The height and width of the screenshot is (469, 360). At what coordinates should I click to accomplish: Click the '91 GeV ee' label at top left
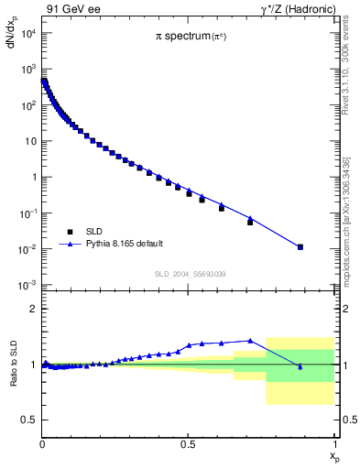pyautogui.click(x=69, y=10)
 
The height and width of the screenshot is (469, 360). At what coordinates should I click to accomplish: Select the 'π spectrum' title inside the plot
pyautogui.click(x=187, y=37)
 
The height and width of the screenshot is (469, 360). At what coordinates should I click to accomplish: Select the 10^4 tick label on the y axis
pyautogui.click(x=27, y=33)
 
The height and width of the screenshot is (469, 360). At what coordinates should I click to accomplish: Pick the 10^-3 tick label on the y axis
pyautogui.click(x=27, y=285)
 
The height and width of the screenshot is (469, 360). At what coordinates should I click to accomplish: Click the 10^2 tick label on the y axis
pyautogui.click(x=27, y=105)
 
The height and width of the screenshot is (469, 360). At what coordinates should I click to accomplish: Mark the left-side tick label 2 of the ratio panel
pyautogui.click(x=34, y=310)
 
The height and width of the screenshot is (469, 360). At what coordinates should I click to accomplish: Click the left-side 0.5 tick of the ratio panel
pyautogui.click(x=30, y=420)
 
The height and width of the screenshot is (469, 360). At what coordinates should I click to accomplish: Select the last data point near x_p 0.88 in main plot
pyautogui.click(x=300, y=247)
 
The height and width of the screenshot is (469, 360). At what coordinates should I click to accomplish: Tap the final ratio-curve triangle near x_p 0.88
pyautogui.click(x=300, y=366)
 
